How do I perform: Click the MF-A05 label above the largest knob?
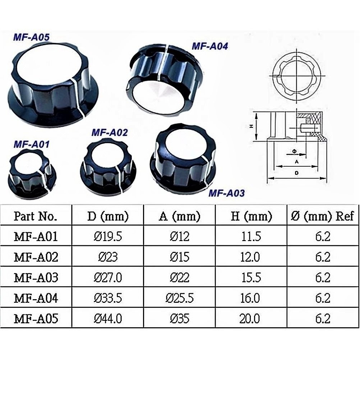(31, 37)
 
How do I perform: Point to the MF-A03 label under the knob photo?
(227, 193)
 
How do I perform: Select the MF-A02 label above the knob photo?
(110, 132)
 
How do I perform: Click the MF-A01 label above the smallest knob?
(32, 144)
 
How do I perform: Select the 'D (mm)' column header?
(108, 216)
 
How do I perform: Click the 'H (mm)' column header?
(251, 216)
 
